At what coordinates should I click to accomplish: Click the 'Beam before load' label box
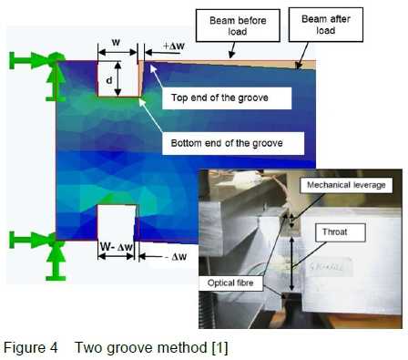pyautogui.click(x=238, y=26)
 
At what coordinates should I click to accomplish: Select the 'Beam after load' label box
pyautogui.click(x=326, y=25)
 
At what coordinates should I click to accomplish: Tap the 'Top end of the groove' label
pyautogui.click(x=227, y=98)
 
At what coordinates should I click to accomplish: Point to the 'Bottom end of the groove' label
pyautogui.click(x=233, y=143)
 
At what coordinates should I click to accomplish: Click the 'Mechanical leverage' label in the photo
pyautogui.click(x=346, y=185)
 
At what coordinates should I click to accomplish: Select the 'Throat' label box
pyautogui.click(x=340, y=232)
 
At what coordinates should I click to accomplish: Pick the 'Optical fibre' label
pyautogui.click(x=230, y=283)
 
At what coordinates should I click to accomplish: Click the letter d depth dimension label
pyautogui.click(x=109, y=80)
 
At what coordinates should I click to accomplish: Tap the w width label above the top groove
pyautogui.click(x=116, y=42)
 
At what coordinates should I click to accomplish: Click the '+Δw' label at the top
pyautogui.click(x=174, y=46)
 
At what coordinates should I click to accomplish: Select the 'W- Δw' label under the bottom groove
pyautogui.click(x=117, y=247)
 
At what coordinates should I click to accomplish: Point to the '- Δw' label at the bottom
pyautogui.click(x=176, y=257)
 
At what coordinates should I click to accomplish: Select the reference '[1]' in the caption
pyautogui.click(x=219, y=347)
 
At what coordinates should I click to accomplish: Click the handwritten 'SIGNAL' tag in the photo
pyautogui.click(x=330, y=267)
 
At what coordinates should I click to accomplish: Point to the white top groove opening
pyautogui.click(x=118, y=79)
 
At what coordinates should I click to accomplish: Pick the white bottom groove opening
pyautogui.click(x=117, y=222)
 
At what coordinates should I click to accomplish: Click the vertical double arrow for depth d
pyautogui.click(x=117, y=78)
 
